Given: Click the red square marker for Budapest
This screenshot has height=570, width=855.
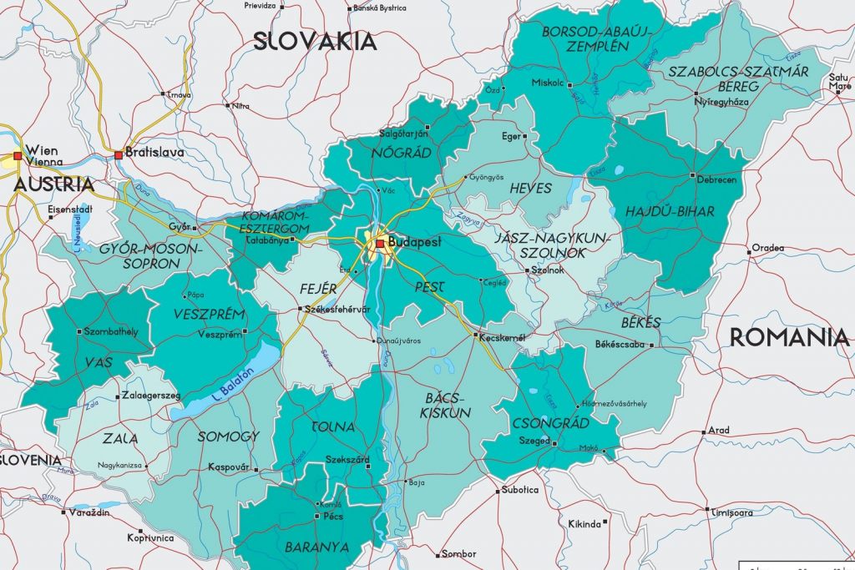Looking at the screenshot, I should coord(380,243).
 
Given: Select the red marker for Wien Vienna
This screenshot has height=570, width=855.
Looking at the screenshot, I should coord(17,154).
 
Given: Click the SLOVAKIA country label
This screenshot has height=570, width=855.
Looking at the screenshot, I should coord(316,40).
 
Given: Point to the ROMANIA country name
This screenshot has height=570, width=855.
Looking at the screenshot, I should coord(789,337).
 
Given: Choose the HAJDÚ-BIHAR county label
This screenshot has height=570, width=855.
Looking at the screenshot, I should coord(670,212).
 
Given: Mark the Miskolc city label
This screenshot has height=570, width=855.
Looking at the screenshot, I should coord(548,83).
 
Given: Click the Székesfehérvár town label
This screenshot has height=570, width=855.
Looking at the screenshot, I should coord(338,310).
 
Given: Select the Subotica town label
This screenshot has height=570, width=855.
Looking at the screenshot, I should coord(520,490).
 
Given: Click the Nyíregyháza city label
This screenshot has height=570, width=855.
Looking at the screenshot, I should coord(721,102).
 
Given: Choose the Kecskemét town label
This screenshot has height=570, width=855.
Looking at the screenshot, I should coord(502,337).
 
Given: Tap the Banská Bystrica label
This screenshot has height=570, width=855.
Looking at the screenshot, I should coord(380,8).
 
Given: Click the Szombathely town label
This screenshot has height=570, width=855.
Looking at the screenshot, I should coord(111,331).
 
